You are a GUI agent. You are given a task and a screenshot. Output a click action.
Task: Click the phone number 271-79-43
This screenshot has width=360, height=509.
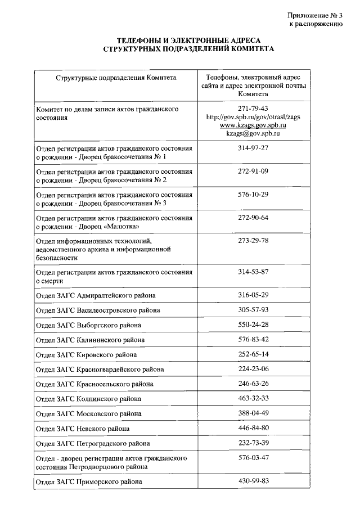tap(253, 109)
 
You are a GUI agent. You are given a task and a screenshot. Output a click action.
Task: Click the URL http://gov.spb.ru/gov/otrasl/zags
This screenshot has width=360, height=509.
tap(253, 117)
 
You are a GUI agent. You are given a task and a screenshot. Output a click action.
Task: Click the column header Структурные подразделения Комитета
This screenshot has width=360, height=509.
tap(116, 78)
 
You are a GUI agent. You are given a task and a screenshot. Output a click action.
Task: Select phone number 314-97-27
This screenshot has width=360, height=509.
tap(253, 148)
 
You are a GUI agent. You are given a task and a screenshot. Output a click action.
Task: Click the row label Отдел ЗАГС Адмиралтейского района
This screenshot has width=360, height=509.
tap(96, 295)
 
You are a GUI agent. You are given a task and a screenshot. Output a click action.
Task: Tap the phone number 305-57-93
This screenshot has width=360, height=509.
tap(253, 310)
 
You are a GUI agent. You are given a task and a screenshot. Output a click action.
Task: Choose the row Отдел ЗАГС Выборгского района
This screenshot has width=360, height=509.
tap(88, 325)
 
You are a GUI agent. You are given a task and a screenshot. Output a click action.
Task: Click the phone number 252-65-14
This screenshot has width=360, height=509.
tap(253, 354)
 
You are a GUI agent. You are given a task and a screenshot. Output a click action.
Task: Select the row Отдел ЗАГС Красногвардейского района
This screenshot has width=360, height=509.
tap(100, 370)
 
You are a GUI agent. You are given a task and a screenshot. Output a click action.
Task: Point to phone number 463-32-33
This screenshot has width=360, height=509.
tap(253, 399)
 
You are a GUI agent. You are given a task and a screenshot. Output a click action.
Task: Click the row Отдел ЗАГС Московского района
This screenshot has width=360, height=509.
tap(88, 414)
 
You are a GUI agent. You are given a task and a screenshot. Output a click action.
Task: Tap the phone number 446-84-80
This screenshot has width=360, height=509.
tap(253, 428)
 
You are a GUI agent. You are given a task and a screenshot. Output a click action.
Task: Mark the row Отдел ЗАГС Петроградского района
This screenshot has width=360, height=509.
tap(93, 443)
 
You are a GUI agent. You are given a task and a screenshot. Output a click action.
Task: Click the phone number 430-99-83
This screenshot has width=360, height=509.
tap(253, 481)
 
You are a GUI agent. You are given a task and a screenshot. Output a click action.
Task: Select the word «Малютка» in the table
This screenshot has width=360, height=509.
tap(121, 226)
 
